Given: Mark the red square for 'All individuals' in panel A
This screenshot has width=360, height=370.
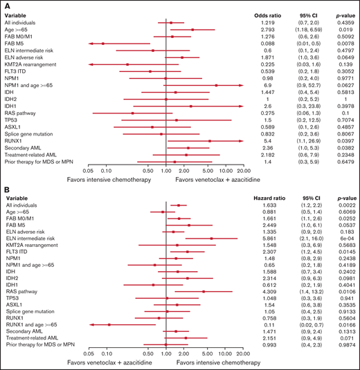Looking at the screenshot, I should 171,23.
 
